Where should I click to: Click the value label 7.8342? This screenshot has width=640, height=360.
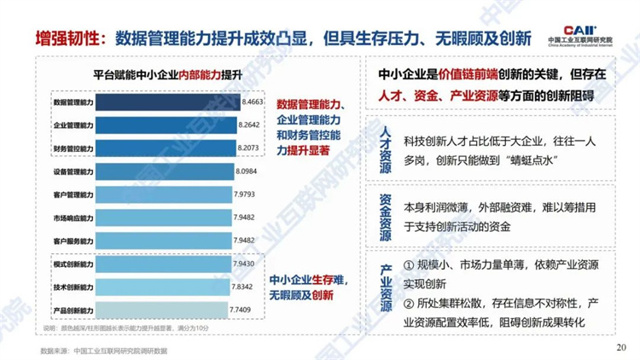click(245, 286)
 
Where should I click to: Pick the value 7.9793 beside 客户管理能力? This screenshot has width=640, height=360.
click(247, 195)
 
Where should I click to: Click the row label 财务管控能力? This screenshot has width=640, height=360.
click(73, 148)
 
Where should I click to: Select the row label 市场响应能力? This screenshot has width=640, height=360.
click(73, 218)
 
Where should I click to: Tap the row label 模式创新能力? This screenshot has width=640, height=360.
click(73, 264)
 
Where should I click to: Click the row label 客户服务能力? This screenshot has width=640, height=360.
click(73, 241)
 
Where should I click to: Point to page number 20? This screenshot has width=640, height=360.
click(620, 347)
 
